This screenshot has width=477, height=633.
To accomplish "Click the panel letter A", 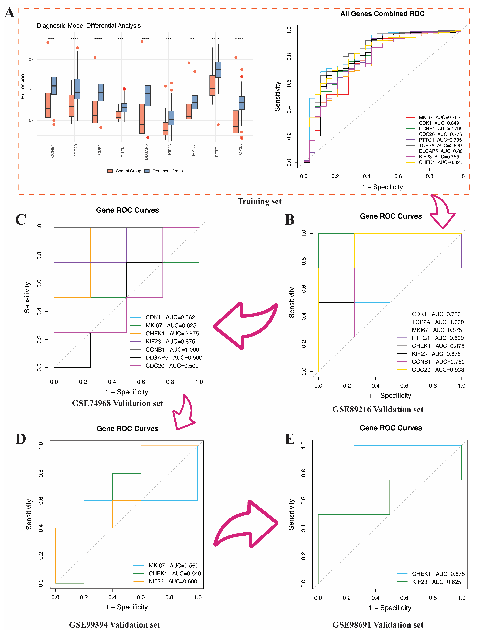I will coord(9,13).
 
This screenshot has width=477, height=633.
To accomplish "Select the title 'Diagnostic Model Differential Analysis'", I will coord(89,26).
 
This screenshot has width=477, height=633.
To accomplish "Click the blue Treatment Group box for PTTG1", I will coord(218,70).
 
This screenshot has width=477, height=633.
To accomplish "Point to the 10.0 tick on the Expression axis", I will coord(31,59).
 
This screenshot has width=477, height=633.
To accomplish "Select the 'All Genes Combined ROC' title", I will coord(382,14).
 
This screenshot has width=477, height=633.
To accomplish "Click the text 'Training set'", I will coord(259,201).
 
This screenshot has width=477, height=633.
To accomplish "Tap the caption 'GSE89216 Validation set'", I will coord(378,410).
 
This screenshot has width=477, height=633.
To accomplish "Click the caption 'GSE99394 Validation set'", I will coord(114,625).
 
